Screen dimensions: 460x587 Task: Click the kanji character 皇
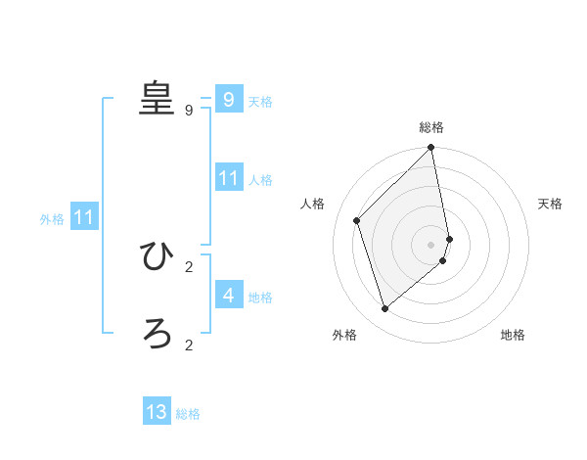tap(156, 98)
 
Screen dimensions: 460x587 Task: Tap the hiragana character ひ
tap(157, 256)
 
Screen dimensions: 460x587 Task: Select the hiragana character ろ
tap(157, 334)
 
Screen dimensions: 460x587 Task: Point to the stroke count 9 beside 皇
tap(189, 111)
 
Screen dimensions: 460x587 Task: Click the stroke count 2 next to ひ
tap(189, 266)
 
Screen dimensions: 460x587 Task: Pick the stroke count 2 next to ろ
tap(189, 345)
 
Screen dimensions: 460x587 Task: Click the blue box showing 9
tap(228, 100)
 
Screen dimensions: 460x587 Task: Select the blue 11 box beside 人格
tap(228, 178)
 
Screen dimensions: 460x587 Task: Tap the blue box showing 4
tap(228, 295)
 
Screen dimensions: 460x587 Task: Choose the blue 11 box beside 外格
tap(83, 217)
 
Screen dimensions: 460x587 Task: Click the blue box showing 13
tap(157, 412)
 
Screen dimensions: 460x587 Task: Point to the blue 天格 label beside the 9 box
tap(260, 102)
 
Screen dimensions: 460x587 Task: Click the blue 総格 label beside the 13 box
tap(188, 414)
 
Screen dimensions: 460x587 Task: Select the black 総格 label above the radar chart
tap(431, 127)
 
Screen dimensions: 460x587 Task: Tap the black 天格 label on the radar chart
tap(550, 204)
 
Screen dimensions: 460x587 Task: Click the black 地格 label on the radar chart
tap(513, 335)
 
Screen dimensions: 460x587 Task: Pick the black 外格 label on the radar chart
tap(344, 335)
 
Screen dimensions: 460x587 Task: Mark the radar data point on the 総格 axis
tap(431, 148)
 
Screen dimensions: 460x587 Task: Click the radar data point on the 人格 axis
tap(357, 220)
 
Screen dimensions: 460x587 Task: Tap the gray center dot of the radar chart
tap(431, 244)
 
